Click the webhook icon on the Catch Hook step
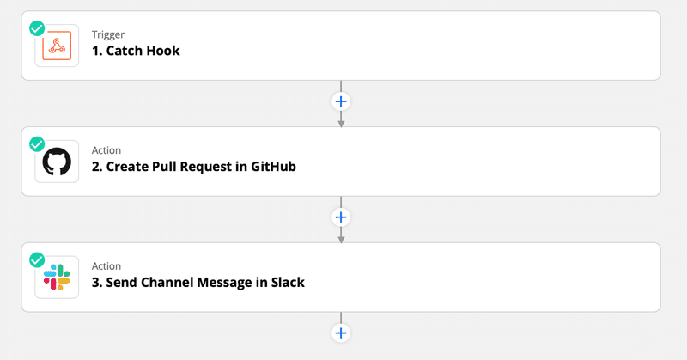[x=57, y=46]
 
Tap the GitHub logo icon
[x=57, y=162]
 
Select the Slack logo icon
[x=57, y=278]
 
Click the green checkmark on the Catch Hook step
[x=37, y=28]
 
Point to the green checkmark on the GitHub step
[x=37, y=144]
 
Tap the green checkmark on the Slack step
[x=37, y=260]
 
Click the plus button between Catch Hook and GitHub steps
[x=341, y=101]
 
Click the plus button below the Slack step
[x=341, y=333]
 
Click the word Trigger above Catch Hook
[x=108, y=34]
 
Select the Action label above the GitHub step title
[x=106, y=150]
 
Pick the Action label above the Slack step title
[x=106, y=266]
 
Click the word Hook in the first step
[x=162, y=51]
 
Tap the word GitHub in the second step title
[x=273, y=167]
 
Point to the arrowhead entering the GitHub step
[x=341, y=124]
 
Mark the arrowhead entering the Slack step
[x=341, y=240]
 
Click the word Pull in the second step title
[x=164, y=167]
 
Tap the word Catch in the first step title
[x=124, y=51]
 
